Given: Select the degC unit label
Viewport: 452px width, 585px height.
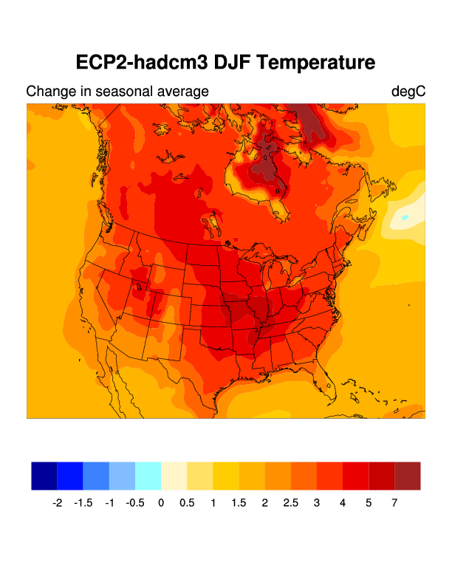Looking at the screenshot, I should [408, 92].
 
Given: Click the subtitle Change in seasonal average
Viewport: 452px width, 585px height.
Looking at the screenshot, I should [117, 92].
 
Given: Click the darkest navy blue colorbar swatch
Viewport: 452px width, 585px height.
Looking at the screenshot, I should [44, 476].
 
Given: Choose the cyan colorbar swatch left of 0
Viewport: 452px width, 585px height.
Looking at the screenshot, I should [148, 476].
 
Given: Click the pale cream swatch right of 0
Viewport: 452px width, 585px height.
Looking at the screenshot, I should [174, 476].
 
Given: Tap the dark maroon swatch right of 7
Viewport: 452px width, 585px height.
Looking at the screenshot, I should [408, 476].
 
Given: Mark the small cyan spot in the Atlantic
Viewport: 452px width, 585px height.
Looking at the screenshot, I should [405, 217].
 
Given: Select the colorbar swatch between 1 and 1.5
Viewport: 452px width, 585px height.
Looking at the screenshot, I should [226, 476].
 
